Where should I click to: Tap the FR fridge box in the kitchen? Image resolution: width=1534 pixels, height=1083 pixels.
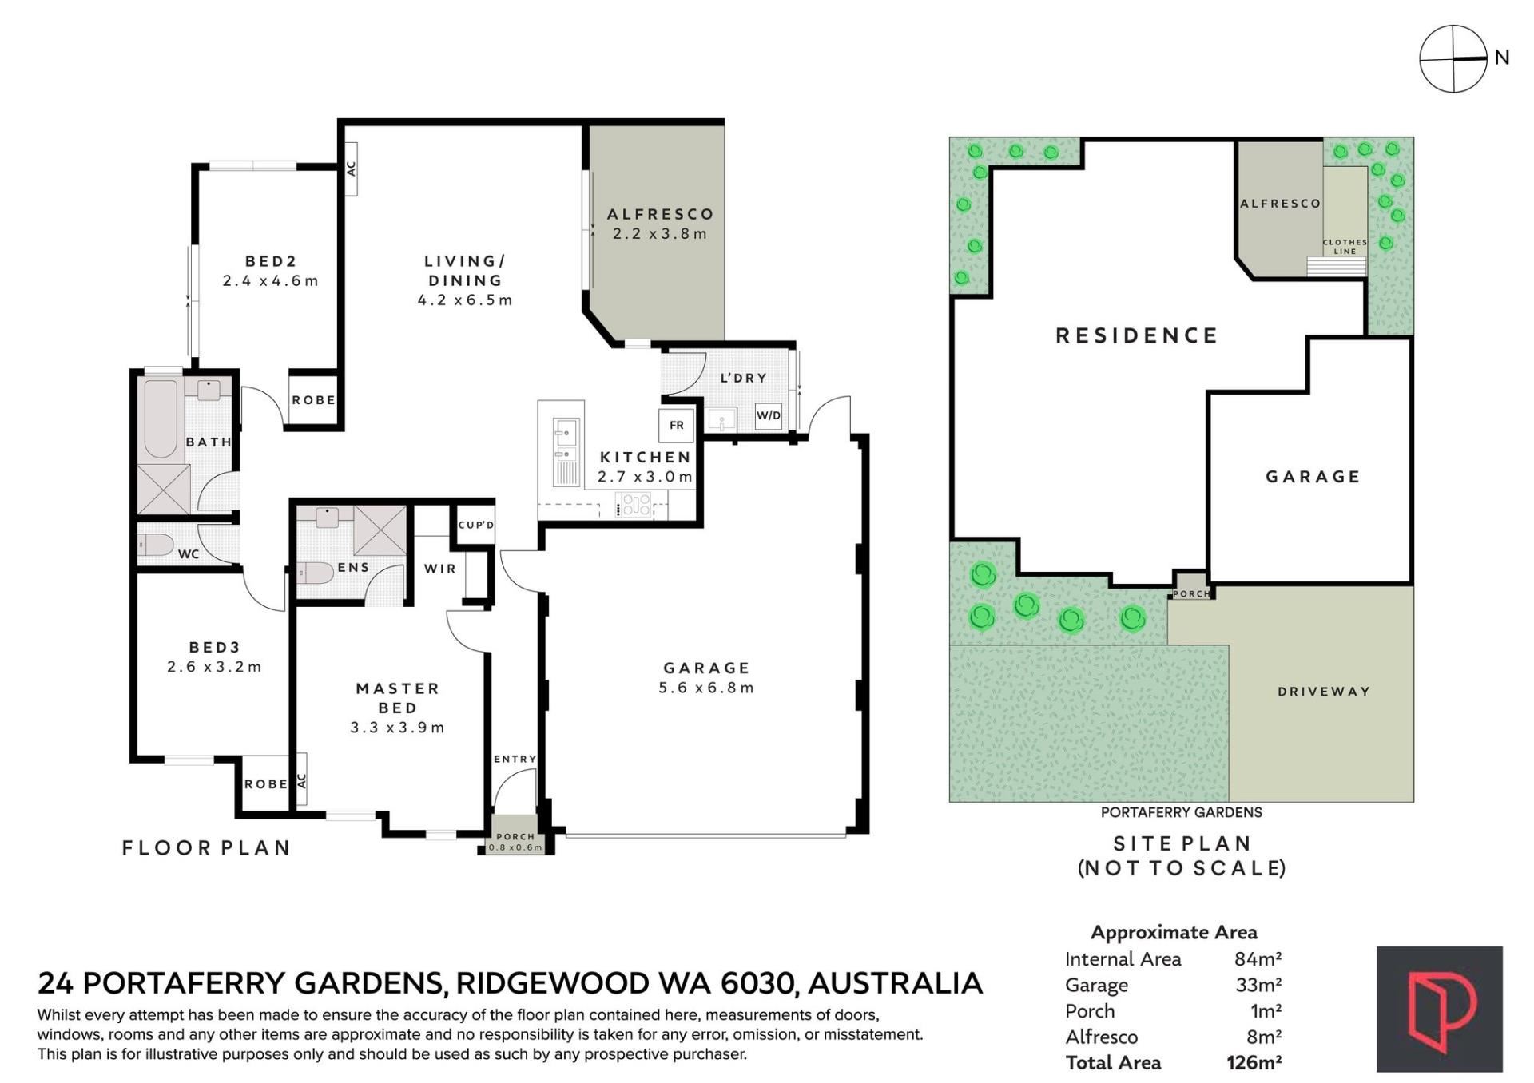677,425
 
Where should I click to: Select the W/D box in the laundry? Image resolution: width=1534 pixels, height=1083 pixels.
769,415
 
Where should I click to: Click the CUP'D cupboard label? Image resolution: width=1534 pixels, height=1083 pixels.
476,525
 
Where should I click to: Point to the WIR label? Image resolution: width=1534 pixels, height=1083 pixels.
440,569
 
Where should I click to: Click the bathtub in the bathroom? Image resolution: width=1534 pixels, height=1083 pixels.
161,418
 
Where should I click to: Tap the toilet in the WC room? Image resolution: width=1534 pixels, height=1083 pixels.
156,545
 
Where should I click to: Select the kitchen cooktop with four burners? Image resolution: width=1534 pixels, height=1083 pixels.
636,504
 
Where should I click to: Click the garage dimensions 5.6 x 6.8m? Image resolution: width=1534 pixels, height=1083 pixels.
706,688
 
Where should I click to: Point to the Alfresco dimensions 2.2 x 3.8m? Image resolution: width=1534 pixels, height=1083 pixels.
660,234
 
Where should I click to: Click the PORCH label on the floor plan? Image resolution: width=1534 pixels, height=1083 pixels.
515,837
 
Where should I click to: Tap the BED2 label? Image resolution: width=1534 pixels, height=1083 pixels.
271,261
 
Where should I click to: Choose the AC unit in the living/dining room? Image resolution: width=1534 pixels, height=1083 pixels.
350,169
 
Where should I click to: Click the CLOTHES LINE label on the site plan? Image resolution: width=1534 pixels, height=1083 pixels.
1345,247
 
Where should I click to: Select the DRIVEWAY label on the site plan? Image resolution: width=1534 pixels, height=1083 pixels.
1324,692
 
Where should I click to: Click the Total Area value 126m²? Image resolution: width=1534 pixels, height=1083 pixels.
1254,1063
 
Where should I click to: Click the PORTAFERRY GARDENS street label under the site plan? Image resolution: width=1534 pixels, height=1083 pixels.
1182,812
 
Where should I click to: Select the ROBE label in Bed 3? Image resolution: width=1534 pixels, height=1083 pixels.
266,784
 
